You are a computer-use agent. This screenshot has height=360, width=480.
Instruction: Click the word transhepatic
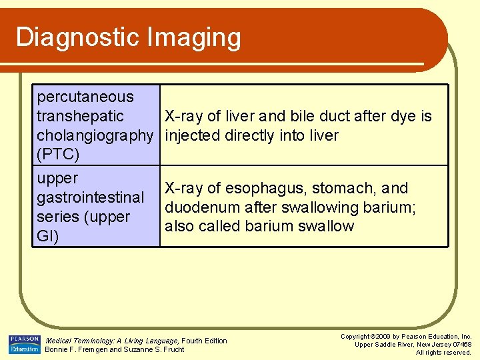point(80,117)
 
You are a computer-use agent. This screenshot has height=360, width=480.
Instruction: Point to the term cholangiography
point(95,136)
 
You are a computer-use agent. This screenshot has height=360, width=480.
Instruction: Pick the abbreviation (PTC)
point(58,155)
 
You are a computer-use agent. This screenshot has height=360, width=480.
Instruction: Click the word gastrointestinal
point(90,198)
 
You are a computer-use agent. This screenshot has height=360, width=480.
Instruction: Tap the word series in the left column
point(56,217)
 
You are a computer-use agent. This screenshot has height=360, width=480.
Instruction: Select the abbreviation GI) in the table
point(48,237)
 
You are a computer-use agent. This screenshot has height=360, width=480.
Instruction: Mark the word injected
point(193,136)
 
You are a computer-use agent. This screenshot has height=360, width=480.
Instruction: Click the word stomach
point(343,189)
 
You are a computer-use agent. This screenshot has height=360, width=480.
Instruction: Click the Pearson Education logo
point(24,344)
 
